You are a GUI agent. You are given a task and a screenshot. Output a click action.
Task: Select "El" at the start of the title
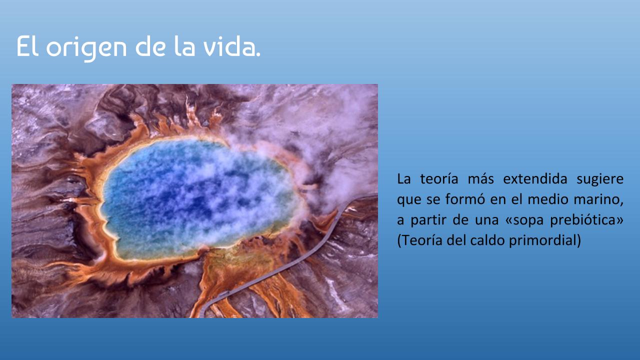pyautogui.click(x=27, y=45)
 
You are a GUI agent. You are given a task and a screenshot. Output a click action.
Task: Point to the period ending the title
pyautogui.click(x=258, y=54)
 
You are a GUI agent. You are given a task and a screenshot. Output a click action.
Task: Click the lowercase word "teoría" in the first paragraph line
pyautogui.click(x=439, y=179)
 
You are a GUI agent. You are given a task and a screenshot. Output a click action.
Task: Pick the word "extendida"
pyautogui.click(x=535, y=179)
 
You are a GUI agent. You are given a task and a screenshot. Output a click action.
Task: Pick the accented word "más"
pyautogui.click(x=480, y=179)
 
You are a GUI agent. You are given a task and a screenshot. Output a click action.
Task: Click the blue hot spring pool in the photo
pyautogui.click(x=197, y=197)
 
